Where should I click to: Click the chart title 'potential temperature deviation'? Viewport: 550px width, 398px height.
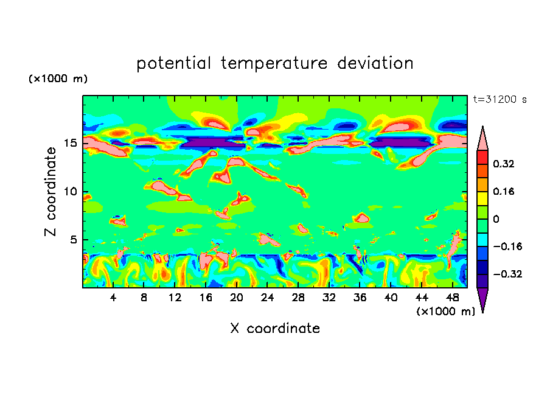(x=275, y=64)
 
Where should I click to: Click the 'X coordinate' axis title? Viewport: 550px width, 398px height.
(x=275, y=329)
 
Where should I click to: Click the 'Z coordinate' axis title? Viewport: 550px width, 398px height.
(x=51, y=192)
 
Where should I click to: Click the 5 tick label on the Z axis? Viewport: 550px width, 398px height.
(x=73, y=240)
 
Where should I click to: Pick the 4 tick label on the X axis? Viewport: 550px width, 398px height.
(x=113, y=298)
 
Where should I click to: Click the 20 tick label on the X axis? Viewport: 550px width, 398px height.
(x=237, y=298)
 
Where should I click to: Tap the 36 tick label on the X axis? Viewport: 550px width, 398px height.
(x=360, y=298)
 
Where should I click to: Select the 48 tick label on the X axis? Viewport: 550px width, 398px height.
(x=452, y=298)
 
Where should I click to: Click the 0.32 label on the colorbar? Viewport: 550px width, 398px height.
(x=505, y=164)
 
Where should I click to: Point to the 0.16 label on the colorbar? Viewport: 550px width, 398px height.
(x=505, y=191)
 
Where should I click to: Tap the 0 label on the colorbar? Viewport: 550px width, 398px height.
(x=496, y=219)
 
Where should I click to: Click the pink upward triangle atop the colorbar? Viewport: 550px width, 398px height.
(x=482, y=138)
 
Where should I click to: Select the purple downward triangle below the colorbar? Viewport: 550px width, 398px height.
(x=482, y=300)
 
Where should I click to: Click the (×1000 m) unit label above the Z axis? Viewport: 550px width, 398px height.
(x=58, y=79)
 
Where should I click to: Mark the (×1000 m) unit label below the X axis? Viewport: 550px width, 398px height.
(x=446, y=312)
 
